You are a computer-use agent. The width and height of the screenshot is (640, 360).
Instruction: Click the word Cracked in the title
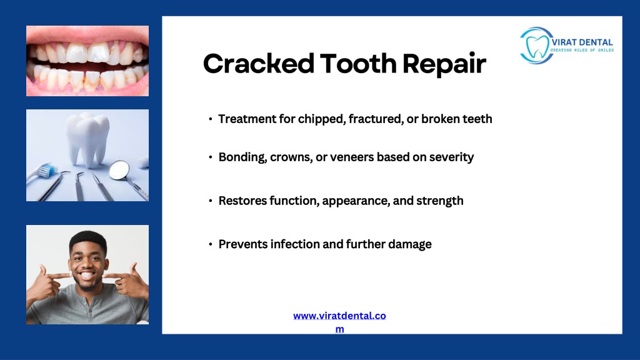click(x=259, y=64)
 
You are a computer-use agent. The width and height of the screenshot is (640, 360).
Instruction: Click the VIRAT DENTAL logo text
click(x=582, y=42)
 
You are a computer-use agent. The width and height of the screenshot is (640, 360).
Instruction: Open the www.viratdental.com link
click(x=339, y=322)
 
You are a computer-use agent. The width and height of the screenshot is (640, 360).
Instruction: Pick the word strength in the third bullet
click(x=440, y=201)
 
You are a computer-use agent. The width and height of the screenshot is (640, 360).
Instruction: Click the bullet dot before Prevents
click(x=210, y=244)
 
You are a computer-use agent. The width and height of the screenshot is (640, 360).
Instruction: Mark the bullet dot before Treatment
click(x=210, y=119)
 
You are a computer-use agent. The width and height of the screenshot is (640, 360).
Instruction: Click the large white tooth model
click(x=87, y=139)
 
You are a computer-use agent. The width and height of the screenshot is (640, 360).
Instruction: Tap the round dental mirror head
click(x=119, y=170)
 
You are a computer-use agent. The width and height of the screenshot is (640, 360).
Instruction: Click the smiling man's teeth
click(x=87, y=275)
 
